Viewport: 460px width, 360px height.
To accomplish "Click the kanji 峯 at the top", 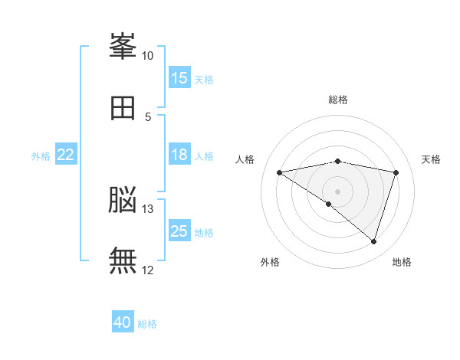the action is point(123,46).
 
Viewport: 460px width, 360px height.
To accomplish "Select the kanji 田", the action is point(123,108).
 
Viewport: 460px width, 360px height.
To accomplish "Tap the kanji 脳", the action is point(123,200).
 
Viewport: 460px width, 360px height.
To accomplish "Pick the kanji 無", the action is point(123,260).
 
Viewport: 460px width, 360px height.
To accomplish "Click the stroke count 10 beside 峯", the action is point(147,56).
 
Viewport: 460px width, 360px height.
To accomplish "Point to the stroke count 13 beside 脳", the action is point(147,209).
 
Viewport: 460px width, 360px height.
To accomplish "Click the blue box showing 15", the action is point(179,77).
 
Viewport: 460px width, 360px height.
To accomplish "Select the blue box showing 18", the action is point(179,154).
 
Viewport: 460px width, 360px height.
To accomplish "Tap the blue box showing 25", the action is point(179,230).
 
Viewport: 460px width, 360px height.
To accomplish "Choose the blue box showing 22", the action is point(66,154).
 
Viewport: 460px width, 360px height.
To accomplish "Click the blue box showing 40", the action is point(123,321).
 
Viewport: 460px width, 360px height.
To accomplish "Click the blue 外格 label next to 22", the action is point(41,156).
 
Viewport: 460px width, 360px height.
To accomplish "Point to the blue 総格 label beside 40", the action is point(147,324).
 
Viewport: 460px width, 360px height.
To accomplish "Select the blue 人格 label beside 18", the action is point(204,156).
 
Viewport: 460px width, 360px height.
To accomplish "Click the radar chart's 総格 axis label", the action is point(338,100).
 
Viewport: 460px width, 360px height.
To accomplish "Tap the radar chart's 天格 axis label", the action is point(431,159).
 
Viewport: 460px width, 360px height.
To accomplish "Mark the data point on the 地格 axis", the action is point(373,242).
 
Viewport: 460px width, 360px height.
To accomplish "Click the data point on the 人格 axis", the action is point(279,172).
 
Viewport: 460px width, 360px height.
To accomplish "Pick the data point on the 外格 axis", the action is point(329,204).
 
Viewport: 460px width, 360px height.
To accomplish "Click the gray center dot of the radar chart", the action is point(337,191).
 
